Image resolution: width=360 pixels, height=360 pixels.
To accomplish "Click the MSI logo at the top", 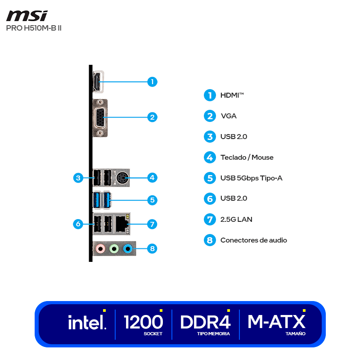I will [27, 16].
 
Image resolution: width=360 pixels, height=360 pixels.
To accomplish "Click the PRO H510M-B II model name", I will [34, 28].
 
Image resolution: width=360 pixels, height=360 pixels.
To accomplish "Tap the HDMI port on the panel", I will [97, 82].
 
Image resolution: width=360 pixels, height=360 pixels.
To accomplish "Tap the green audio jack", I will [115, 248].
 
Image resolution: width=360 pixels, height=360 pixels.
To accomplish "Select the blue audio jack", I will [128, 248].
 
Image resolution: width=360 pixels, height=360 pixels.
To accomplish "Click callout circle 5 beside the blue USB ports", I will [153, 200].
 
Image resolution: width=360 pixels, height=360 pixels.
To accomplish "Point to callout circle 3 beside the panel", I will [78, 178].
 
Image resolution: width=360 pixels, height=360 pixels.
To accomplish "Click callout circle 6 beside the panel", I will [78, 224].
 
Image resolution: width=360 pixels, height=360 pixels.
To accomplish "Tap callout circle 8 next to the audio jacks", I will [153, 248].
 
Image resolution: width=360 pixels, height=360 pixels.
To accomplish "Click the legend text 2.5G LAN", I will [236, 220].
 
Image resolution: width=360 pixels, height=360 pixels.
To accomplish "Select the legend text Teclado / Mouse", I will [247, 157].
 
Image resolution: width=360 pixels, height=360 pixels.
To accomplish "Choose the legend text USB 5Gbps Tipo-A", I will [251, 178].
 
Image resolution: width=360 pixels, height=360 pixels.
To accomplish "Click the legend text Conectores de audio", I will [253, 240].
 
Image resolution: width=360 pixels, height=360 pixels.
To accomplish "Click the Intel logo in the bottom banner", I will [87, 322].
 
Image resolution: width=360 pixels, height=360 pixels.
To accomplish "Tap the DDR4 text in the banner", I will [205, 322].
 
